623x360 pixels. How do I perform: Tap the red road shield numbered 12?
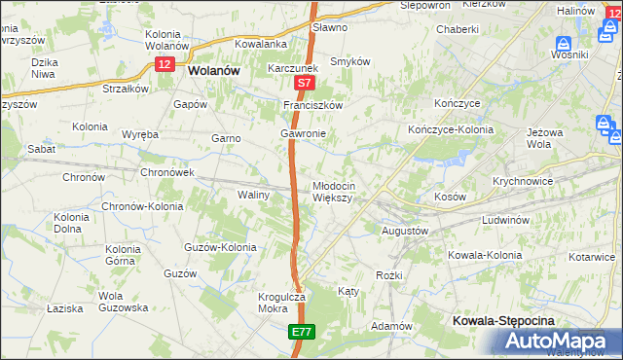(164, 62)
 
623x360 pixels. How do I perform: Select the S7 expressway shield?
(303, 86)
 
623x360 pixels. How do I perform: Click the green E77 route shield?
(301, 333)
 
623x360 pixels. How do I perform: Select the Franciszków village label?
(311, 105)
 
